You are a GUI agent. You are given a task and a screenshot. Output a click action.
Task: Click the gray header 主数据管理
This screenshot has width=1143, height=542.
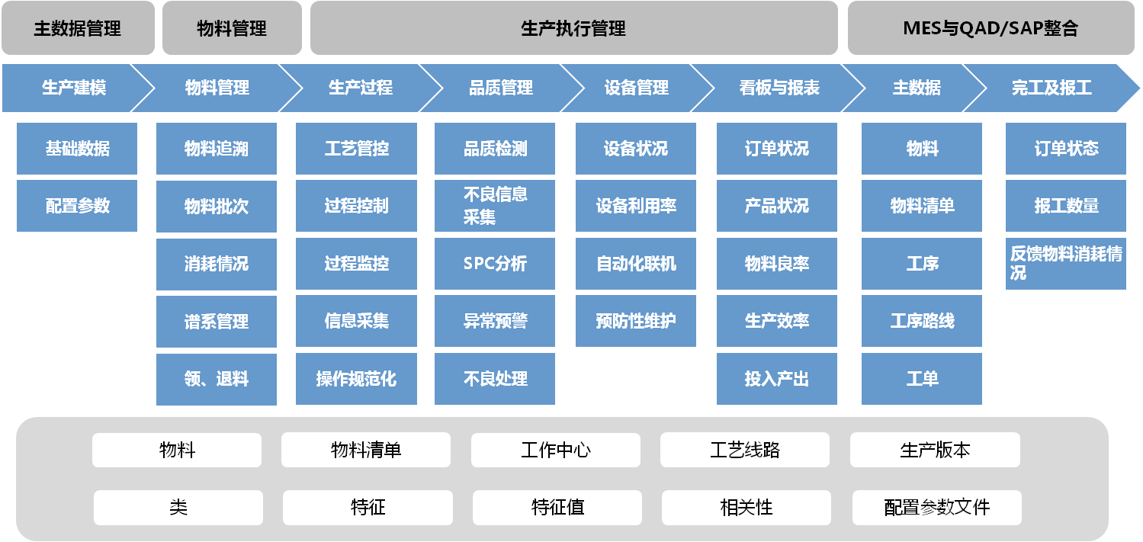tap(78, 29)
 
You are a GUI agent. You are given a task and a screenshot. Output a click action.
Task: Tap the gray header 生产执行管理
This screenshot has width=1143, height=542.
tap(573, 29)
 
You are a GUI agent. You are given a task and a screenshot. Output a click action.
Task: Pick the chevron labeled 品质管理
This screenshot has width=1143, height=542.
tap(500, 88)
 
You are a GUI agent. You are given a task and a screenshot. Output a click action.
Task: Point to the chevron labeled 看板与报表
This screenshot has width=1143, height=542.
tap(778, 88)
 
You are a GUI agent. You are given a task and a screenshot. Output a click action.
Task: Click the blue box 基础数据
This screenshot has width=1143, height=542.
tap(77, 149)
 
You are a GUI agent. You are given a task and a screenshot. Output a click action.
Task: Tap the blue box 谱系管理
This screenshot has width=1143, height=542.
tap(217, 322)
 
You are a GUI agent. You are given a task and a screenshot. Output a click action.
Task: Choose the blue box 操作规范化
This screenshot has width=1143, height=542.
tap(356, 379)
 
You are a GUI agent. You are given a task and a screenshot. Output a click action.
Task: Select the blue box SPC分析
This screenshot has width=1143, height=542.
tap(495, 264)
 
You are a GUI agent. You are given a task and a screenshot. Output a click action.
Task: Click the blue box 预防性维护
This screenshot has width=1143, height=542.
tap(636, 321)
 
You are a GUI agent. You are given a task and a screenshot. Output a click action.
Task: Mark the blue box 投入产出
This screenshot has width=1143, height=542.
tap(776, 379)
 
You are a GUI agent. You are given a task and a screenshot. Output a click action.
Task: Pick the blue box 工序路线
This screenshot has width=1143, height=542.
tap(922, 321)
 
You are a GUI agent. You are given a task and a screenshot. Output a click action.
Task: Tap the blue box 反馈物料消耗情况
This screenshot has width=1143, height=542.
tap(1065, 264)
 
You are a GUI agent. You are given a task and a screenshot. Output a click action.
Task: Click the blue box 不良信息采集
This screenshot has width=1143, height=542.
tap(495, 206)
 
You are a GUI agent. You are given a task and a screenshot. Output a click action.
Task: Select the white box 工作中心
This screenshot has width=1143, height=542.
tap(555, 450)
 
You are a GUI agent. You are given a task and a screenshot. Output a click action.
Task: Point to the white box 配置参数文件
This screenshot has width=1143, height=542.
tap(936, 508)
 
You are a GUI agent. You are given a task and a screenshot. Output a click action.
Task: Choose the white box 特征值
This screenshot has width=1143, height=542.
tap(557, 508)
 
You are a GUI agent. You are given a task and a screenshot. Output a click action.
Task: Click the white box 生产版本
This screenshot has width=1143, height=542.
tap(935, 450)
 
